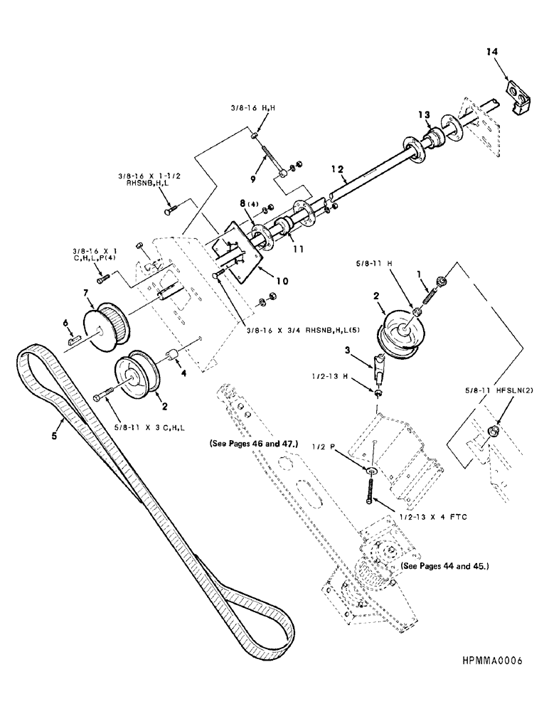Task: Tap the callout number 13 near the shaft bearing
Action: (x=424, y=115)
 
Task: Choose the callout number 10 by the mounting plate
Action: (x=283, y=281)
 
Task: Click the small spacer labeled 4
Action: (x=171, y=355)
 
